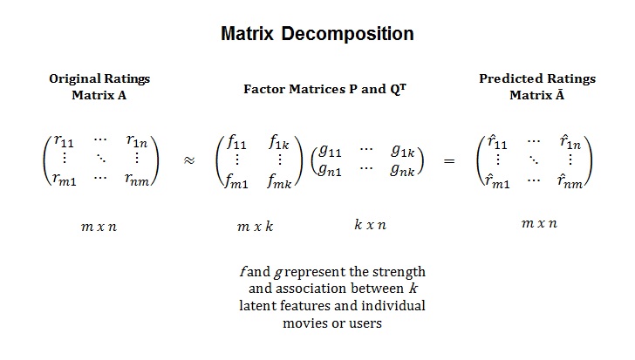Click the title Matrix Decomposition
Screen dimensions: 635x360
[317, 35]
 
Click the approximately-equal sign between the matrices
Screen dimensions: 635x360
[189, 160]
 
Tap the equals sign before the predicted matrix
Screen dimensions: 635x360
[450, 160]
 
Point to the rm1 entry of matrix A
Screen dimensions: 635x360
[66, 179]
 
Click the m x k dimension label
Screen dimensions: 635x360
[256, 227]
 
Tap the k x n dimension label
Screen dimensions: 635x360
[371, 225]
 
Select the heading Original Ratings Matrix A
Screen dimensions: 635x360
[99, 87]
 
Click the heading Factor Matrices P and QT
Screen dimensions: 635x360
[326, 88]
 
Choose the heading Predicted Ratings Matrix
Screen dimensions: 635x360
[537, 87]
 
